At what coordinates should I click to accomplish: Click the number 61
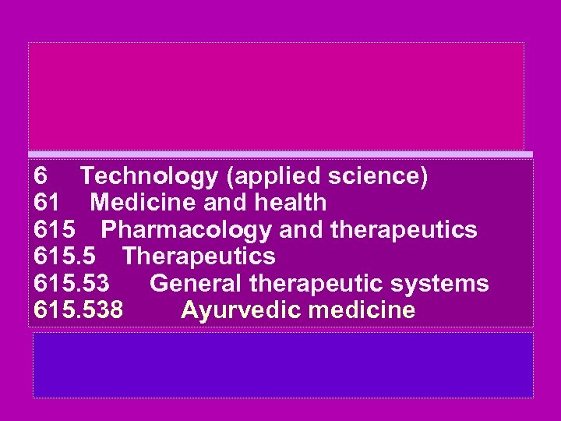[48, 203]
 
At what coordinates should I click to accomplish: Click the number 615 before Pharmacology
[54, 231]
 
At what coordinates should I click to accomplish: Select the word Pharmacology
[186, 231]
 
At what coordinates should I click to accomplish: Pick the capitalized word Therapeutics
[199, 256]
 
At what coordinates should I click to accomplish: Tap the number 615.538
[79, 310]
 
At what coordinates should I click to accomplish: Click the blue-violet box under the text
[282, 365]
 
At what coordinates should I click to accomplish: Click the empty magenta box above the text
[276, 95]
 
